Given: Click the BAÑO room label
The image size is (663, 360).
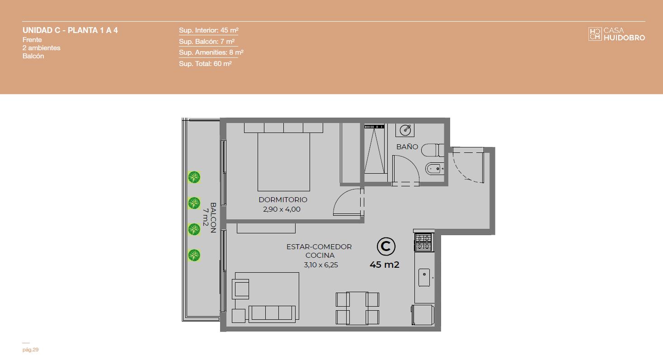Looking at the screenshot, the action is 407,147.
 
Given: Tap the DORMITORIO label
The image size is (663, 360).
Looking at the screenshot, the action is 283,200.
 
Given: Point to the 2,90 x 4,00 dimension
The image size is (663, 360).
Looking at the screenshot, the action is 282,209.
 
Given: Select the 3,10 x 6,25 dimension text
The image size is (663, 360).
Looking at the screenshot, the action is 321,265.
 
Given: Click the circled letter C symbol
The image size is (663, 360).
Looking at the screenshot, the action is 386,246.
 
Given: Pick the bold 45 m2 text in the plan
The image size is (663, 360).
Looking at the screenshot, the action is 385,265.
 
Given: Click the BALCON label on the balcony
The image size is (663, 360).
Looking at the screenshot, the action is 213,218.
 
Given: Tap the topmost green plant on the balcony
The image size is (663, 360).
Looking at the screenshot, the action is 194,177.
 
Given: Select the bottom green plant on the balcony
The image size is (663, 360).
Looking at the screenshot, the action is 194,256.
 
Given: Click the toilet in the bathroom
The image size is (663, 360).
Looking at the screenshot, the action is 433,150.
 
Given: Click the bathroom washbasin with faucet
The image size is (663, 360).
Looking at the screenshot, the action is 405,130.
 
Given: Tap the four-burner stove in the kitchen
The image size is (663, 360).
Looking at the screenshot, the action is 424,242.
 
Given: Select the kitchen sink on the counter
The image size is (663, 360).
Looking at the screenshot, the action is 424,277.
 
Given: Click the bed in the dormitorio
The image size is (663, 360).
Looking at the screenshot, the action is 283,157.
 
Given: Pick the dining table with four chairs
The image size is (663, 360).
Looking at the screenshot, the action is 357,308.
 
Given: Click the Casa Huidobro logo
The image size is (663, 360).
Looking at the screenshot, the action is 616,34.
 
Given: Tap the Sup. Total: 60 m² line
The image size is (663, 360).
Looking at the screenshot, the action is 205,64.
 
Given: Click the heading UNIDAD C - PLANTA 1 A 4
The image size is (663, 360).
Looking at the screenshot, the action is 70,30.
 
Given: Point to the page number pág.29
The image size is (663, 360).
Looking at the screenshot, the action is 30,350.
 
